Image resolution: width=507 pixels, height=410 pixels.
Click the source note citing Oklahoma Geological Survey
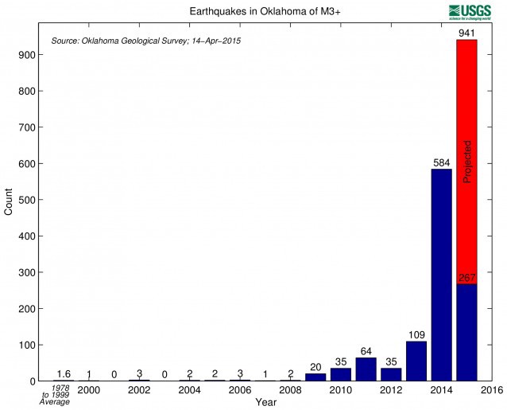[145, 40]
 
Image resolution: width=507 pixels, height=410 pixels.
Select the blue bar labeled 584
[441, 275]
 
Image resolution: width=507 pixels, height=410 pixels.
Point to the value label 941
[466, 33]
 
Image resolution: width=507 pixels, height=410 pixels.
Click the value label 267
[466, 278]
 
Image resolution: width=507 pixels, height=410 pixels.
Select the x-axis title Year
[266, 403]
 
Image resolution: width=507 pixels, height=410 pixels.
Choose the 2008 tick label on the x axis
[291, 390]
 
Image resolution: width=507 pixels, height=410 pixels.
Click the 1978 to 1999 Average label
[55, 395]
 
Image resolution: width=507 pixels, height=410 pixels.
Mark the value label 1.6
[64, 374]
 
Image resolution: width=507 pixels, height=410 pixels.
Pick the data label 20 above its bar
[315, 367]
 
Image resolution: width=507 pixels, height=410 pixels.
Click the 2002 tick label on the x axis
[140, 390]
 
